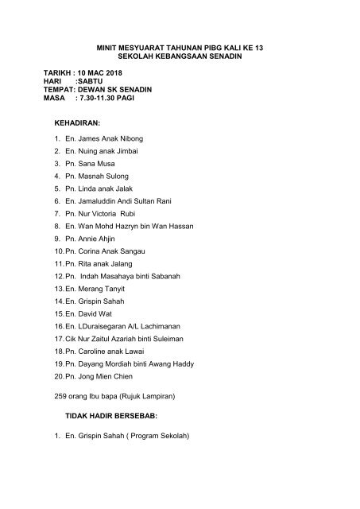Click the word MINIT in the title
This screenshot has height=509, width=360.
click(107, 49)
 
